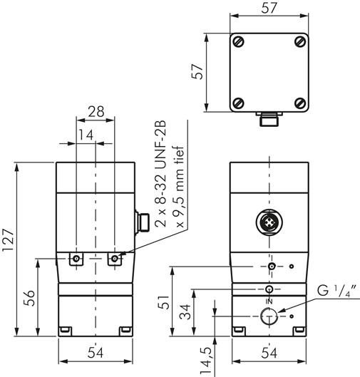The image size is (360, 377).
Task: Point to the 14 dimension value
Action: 85,135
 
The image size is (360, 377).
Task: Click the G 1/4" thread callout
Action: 332,291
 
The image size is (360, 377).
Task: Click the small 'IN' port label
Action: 269,301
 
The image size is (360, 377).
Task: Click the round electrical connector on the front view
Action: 269,222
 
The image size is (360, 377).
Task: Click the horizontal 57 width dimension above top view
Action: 269,9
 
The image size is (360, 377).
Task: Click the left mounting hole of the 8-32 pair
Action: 76,258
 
